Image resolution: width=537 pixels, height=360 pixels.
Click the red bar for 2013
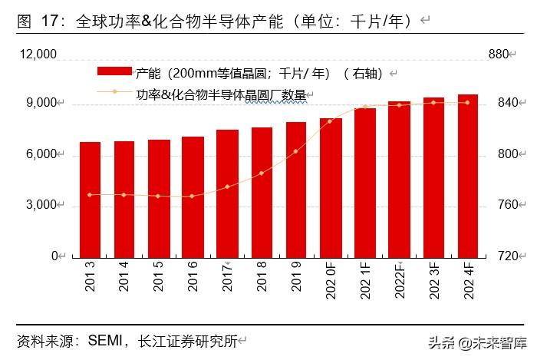[x=90, y=200]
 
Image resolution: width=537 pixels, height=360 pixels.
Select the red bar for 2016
[x=193, y=197]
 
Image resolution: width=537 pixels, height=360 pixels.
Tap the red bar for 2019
[x=296, y=190]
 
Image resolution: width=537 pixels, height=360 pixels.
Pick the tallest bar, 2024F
[x=468, y=176]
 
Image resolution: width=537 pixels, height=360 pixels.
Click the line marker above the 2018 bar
[x=262, y=173]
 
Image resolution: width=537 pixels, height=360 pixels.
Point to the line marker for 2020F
[x=331, y=121]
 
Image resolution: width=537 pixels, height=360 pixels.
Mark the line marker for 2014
[x=124, y=194]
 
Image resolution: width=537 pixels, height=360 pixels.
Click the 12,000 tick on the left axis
[x=38, y=54]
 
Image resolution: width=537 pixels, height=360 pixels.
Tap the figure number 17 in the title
[x=48, y=21]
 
